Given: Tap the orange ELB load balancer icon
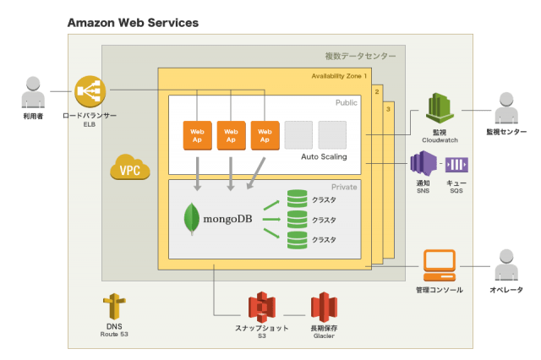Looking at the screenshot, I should point(90,91).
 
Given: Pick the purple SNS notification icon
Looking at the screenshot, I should point(423,164).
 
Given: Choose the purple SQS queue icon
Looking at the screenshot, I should point(456,165).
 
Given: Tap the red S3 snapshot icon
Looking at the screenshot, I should point(261,307).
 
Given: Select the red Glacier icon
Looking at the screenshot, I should point(325,307).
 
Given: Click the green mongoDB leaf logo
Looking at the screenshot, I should point(191,218).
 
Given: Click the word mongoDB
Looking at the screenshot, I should point(227,220).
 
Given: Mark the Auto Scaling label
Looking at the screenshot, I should point(324,157).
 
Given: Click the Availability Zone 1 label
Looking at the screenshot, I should point(340,76).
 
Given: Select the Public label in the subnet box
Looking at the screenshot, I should point(347,103).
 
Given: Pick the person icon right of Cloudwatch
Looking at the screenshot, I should point(505,109).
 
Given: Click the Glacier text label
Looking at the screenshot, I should point(325,335).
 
